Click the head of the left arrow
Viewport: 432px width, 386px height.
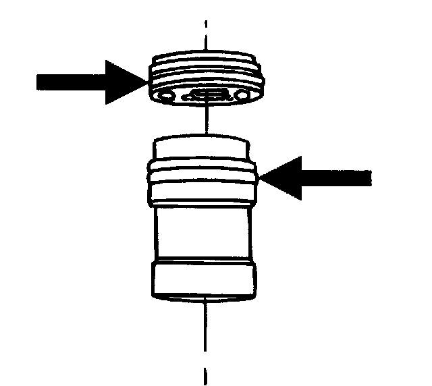(125, 82)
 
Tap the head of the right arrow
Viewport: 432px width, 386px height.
(279, 177)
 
